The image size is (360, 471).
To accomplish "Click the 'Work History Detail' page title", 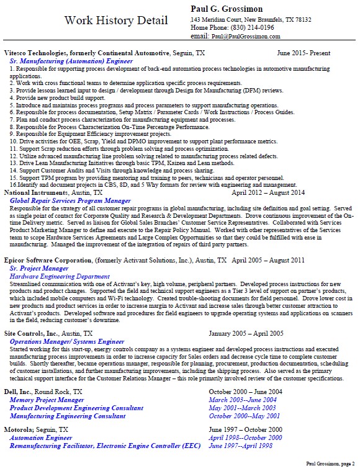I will pos(116,21).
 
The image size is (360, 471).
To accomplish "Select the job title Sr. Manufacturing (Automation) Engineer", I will pos(71,62).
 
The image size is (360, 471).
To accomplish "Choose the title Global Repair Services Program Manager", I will pos(70,201).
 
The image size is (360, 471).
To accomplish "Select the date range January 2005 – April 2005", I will pos(246,334).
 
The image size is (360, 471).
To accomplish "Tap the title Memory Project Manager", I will pos(47,400).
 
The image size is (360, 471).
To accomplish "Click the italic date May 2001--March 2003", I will pos(241,408).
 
